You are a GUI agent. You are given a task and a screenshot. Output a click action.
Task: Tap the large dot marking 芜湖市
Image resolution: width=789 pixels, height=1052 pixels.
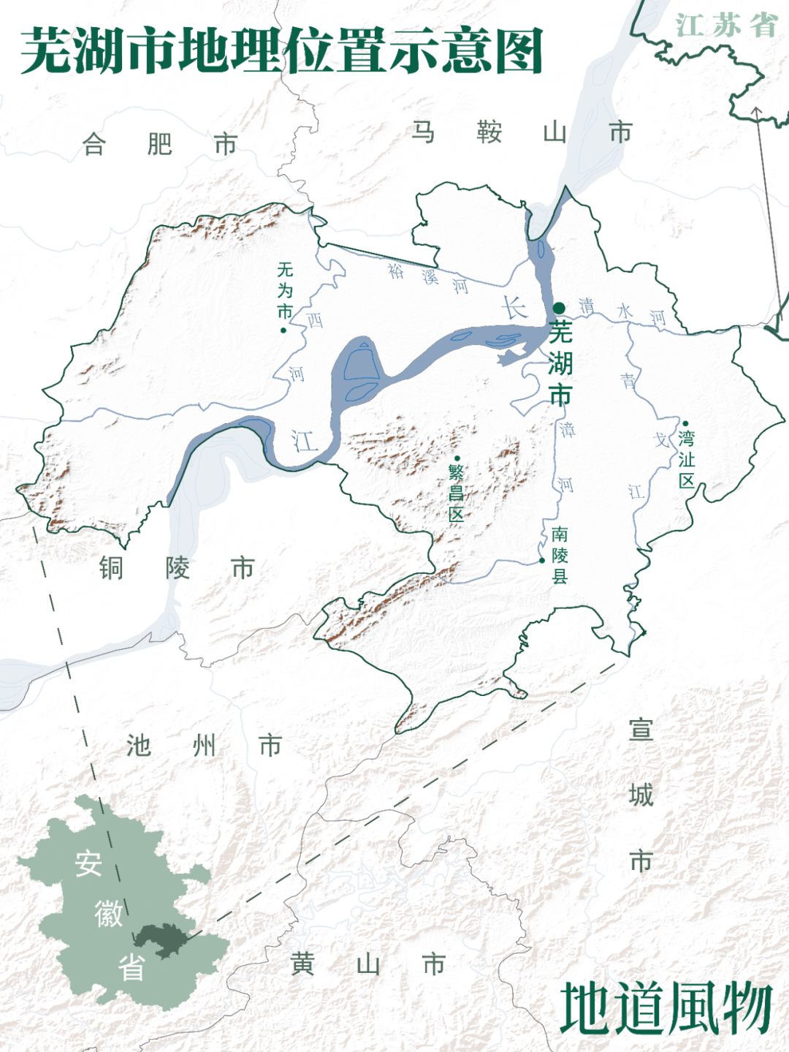(559, 308)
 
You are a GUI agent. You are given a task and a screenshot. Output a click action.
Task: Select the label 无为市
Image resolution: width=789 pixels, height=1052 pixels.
(285, 290)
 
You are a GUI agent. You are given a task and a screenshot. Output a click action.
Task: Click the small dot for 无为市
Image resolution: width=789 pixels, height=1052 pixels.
(283, 330)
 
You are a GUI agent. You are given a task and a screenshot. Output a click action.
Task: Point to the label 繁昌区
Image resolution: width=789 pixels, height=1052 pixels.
(457, 493)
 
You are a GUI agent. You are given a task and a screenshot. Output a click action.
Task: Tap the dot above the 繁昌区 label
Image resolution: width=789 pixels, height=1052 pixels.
(457, 458)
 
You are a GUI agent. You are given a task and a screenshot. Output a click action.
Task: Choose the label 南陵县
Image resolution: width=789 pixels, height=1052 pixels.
(560, 555)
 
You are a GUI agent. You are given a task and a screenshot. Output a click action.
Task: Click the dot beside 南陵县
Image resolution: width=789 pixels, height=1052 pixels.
(542, 561)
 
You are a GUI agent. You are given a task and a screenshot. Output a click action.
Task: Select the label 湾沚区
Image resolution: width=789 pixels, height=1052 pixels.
(686, 459)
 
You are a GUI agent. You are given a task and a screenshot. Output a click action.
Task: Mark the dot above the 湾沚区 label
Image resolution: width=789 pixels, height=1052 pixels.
(685, 423)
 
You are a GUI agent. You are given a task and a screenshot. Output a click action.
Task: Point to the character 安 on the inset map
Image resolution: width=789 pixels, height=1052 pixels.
(88, 864)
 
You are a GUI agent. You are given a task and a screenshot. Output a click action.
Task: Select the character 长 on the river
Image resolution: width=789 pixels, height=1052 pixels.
(514, 308)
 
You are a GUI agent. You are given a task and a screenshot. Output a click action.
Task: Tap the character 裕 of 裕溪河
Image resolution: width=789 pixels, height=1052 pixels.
(396, 271)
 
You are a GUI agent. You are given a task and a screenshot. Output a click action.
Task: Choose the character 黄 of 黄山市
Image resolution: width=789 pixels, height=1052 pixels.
(302, 964)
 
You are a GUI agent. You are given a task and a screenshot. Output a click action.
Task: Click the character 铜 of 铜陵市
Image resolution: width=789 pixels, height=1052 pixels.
(111, 568)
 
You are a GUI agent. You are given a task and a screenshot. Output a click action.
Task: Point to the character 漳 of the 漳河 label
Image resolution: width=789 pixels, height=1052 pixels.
(567, 429)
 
